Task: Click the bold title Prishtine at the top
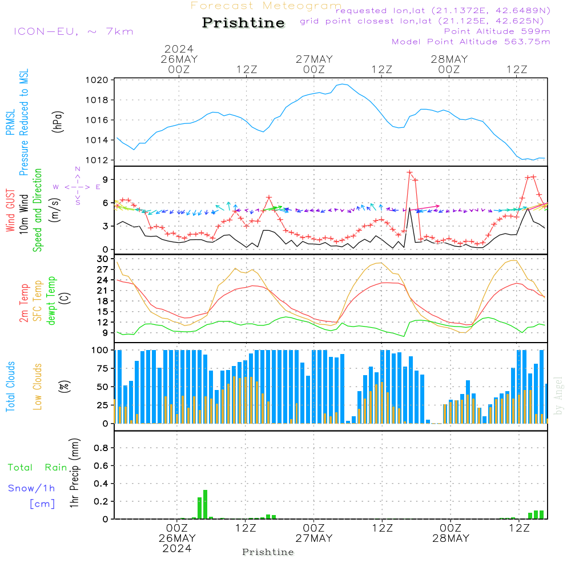click(243, 23)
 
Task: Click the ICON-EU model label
click(73, 31)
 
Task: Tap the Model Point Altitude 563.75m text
click(471, 42)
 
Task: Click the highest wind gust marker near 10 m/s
click(409, 172)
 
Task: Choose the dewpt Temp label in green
click(52, 301)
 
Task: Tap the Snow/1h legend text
click(32, 489)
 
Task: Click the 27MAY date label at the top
click(313, 59)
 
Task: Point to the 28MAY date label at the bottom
click(451, 538)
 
